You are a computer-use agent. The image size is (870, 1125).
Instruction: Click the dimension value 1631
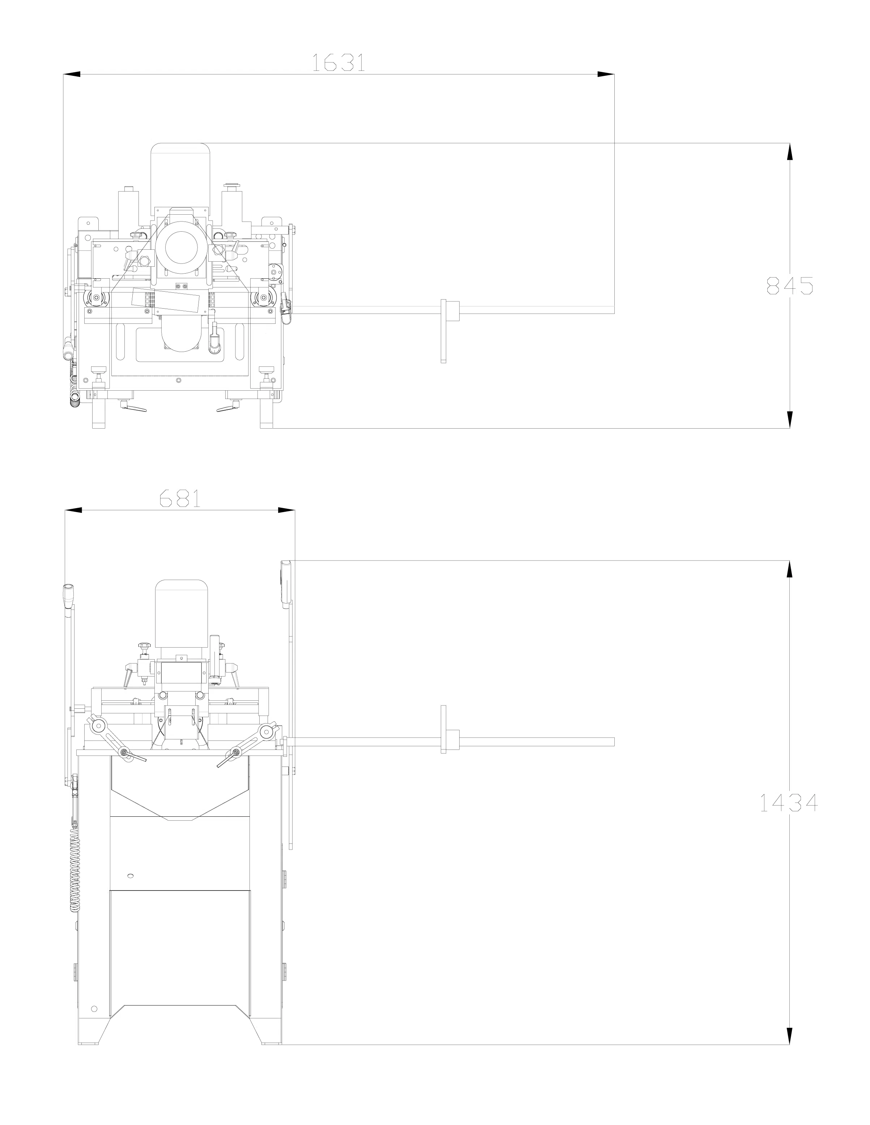(338, 62)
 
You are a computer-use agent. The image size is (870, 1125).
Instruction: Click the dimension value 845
(790, 285)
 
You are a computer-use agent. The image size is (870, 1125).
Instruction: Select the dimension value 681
(179, 498)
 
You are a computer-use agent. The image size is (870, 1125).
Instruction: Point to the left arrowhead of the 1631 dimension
(72, 74)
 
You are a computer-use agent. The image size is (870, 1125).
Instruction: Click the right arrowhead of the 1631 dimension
(606, 74)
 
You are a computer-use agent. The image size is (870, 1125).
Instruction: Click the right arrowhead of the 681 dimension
(286, 510)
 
